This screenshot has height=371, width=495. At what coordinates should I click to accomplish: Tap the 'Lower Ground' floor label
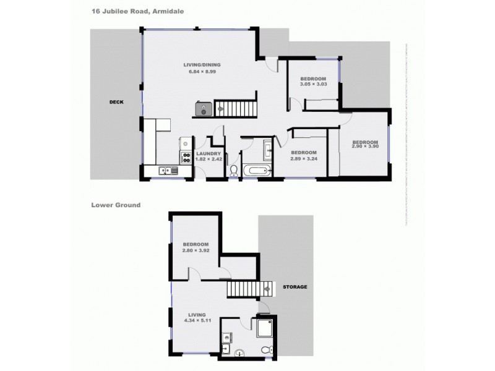pos(116,205)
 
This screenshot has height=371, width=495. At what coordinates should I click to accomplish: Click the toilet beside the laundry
pos(234,171)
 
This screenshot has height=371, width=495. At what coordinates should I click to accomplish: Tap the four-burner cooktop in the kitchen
pos(185,156)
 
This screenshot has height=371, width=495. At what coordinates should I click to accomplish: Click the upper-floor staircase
pos(236,109)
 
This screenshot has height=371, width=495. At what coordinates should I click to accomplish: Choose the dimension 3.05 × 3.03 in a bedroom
pos(314,85)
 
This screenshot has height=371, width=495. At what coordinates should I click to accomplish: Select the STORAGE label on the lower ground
pos(295,287)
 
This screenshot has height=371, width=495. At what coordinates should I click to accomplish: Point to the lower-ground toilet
pos(266,351)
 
